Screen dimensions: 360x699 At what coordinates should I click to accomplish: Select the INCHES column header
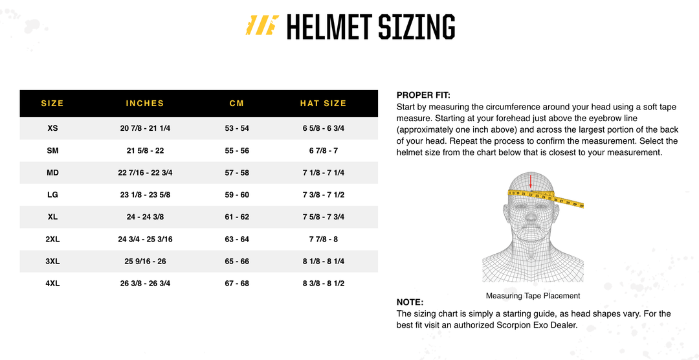pos(145,104)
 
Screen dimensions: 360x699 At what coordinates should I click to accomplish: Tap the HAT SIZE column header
pos(324,104)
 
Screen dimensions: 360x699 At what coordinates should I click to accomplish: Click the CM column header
pos(237,104)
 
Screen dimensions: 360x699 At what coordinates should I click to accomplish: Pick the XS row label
pos(52,128)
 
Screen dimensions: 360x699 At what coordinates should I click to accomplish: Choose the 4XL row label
pos(52,284)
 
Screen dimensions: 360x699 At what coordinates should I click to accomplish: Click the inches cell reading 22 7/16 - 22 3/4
pos(145,173)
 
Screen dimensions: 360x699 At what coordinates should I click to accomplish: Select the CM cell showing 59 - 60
pos(237,195)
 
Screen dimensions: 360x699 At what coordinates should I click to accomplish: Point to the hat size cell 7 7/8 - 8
pos(324,240)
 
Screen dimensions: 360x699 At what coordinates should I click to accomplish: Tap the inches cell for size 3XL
pos(145,262)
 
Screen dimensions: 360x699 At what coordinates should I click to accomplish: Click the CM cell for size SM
pos(237,151)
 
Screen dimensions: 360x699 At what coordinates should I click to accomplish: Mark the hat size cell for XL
pos(324,217)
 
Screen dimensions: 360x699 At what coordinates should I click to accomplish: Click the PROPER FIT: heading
pos(423,95)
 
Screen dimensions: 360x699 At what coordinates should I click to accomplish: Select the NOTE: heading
pos(410,302)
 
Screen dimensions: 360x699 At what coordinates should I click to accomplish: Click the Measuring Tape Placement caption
pos(533,296)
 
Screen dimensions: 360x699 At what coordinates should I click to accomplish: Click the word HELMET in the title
pos(329,27)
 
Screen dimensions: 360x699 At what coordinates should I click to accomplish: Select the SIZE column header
pos(52,104)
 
